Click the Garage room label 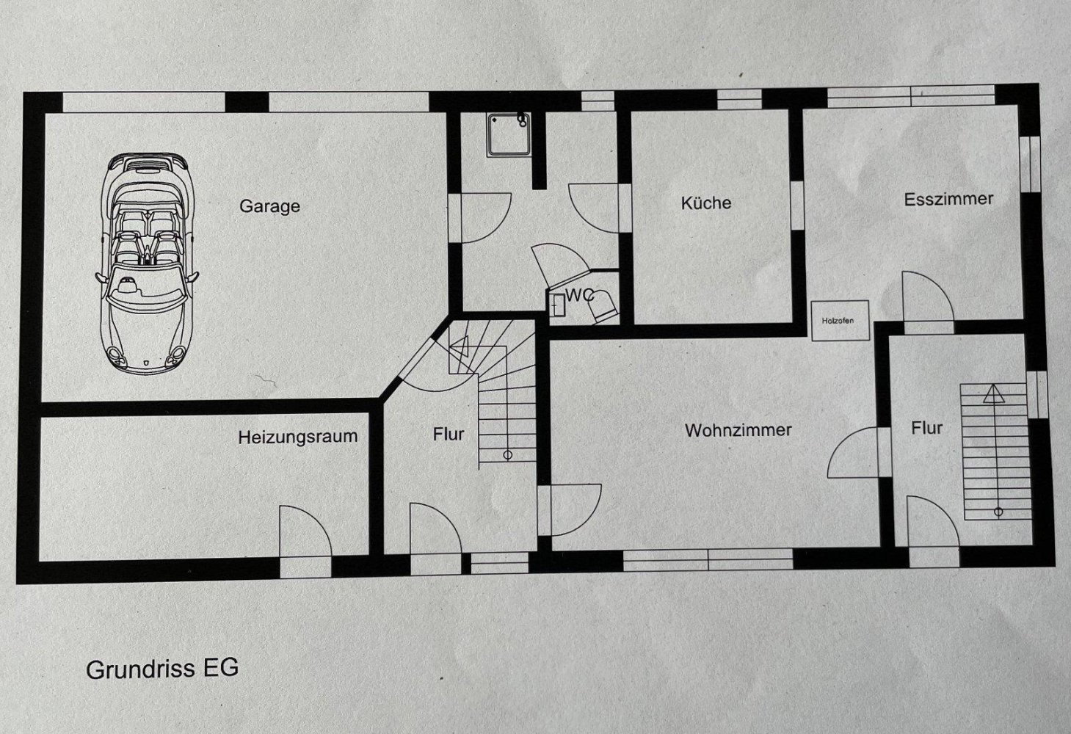click(x=269, y=206)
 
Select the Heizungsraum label click(x=297, y=437)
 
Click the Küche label click(x=705, y=203)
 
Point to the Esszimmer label click(x=948, y=199)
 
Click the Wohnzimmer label click(x=738, y=430)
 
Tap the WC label click(x=579, y=296)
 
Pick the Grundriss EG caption click(x=162, y=669)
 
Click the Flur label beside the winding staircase click(x=448, y=435)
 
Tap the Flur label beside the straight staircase click(x=926, y=427)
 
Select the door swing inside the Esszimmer click(x=926, y=297)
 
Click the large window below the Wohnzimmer click(x=708, y=561)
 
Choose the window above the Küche click(x=739, y=99)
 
